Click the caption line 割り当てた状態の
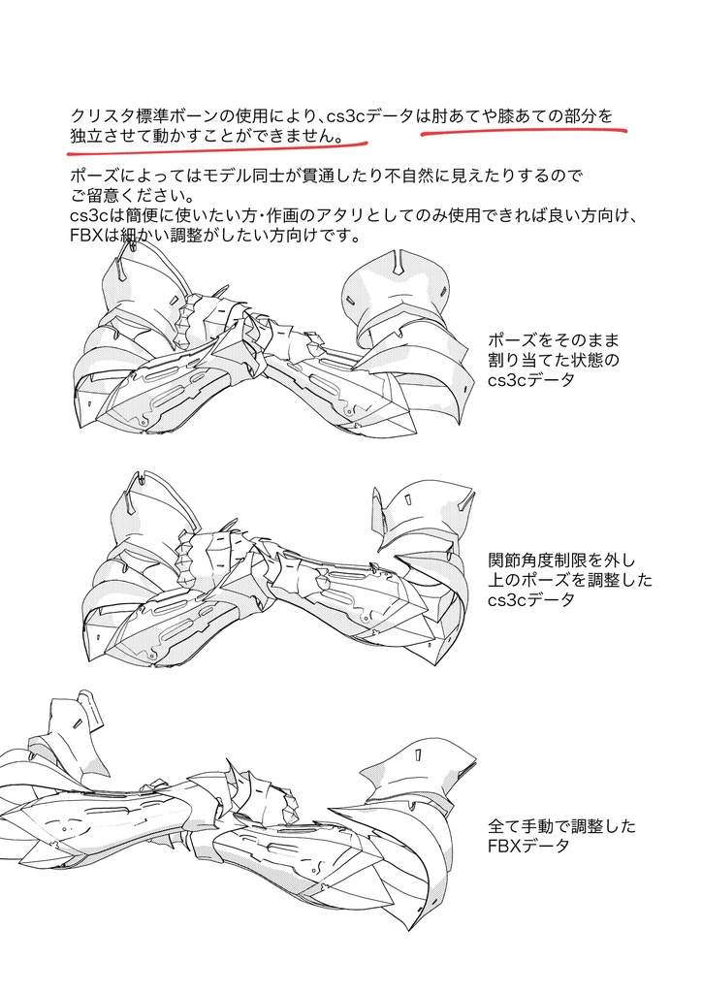pos(555,361)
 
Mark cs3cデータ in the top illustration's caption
pos(532,380)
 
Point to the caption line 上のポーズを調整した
pos(571,580)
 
